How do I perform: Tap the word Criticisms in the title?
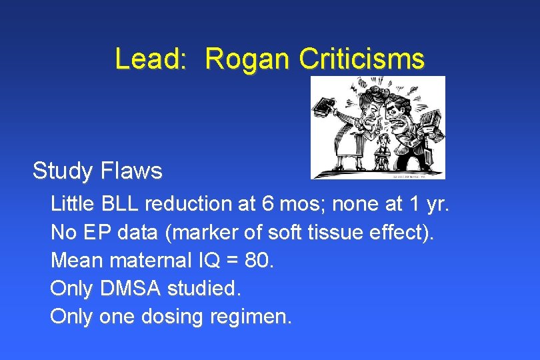(361, 59)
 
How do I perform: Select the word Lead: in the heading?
(151, 59)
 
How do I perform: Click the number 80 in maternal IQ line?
(257, 259)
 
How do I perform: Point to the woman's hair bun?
(363, 85)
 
